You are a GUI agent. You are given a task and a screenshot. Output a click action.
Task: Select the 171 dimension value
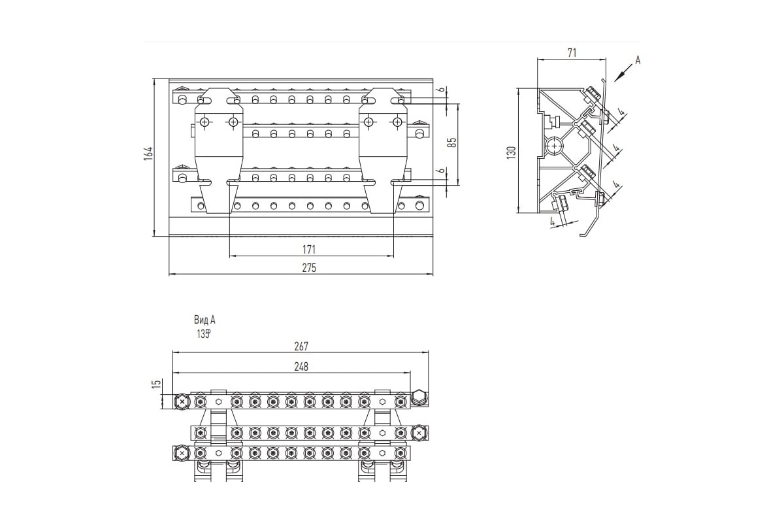[310, 249]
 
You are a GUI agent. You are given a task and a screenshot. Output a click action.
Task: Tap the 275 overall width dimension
[310, 268]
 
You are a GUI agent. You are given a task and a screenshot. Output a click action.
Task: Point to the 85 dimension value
[451, 142]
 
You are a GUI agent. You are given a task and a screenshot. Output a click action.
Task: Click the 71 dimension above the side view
[571, 53]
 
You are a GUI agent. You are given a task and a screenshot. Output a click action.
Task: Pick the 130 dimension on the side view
[512, 151]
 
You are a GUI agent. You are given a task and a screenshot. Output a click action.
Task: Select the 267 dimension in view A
[301, 346]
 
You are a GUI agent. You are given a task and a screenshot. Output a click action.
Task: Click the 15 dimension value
[156, 384]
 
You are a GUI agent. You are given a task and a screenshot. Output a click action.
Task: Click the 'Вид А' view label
[204, 320]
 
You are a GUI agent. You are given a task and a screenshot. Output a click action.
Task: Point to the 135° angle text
[204, 333]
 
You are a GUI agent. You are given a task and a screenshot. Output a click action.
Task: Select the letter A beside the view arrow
[638, 60]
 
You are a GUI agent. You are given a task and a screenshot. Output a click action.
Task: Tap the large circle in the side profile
[554, 145]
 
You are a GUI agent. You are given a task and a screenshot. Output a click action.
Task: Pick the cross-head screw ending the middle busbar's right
[419, 432]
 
